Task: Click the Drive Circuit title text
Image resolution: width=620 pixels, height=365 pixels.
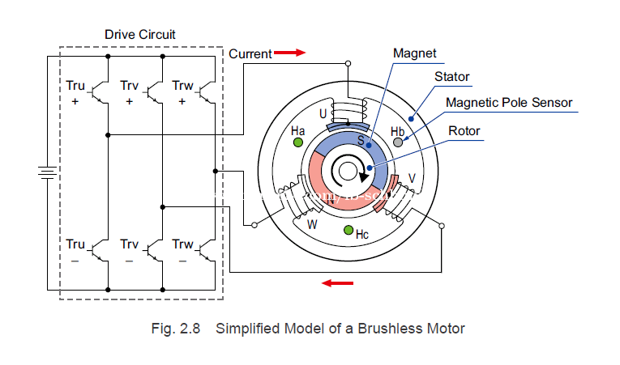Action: click(x=140, y=35)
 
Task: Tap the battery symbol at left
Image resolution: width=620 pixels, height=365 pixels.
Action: click(x=47, y=172)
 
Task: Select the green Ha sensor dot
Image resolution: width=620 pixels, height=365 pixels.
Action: click(x=298, y=142)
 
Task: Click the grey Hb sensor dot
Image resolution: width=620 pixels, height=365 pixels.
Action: click(x=398, y=142)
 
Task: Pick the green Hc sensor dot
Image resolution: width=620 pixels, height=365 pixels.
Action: click(x=348, y=231)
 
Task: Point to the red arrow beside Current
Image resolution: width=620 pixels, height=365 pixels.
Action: click(x=289, y=53)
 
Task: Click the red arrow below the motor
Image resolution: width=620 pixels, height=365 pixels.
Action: click(x=339, y=282)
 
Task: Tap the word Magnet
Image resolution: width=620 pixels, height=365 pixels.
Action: click(x=414, y=53)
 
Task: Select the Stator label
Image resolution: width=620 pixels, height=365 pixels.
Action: click(x=452, y=77)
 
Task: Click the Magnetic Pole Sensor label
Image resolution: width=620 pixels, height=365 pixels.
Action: click(x=509, y=103)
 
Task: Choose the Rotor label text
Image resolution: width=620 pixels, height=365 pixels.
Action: click(x=464, y=130)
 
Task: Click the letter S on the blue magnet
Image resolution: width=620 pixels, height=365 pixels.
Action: click(x=361, y=139)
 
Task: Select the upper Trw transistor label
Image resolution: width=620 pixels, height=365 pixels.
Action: click(x=182, y=86)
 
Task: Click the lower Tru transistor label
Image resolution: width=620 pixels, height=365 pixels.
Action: click(x=75, y=244)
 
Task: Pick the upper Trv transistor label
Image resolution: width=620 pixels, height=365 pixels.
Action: click(x=129, y=86)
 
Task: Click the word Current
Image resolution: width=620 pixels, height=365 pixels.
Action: click(x=250, y=54)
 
